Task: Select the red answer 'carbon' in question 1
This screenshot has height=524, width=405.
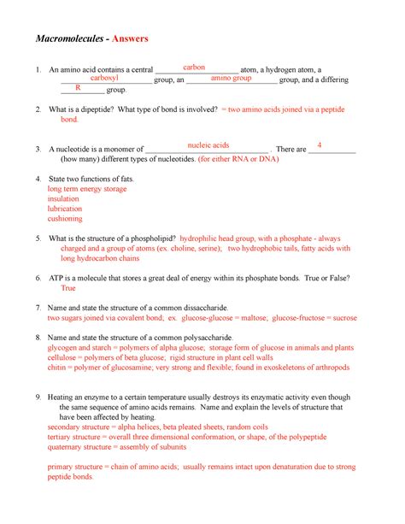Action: click(x=194, y=67)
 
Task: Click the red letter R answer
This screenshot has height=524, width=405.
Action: click(x=78, y=88)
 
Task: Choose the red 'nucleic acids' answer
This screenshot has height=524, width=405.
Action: click(x=208, y=145)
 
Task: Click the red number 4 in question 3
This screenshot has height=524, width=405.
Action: click(x=319, y=145)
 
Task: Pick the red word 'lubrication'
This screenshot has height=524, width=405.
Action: click(x=66, y=209)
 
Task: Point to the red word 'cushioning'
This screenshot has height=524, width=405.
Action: click(x=66, y=219)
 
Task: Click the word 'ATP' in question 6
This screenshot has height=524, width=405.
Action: click(x=57, y=279)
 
